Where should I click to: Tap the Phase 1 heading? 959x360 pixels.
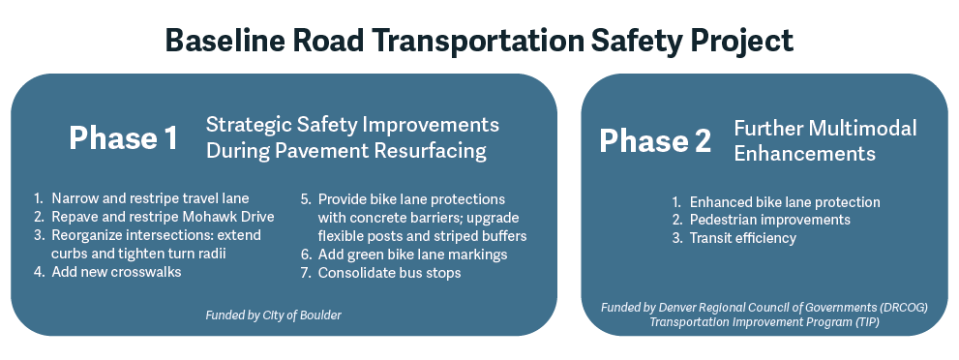click(x=123, y=138)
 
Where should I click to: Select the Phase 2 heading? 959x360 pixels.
click(x=655, y=140)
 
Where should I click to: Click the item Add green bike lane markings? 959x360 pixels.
click(x=412, y=255)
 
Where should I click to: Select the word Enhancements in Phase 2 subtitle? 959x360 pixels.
click(x=804, y=154)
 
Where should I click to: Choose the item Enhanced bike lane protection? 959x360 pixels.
click(x=784, y=202)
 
